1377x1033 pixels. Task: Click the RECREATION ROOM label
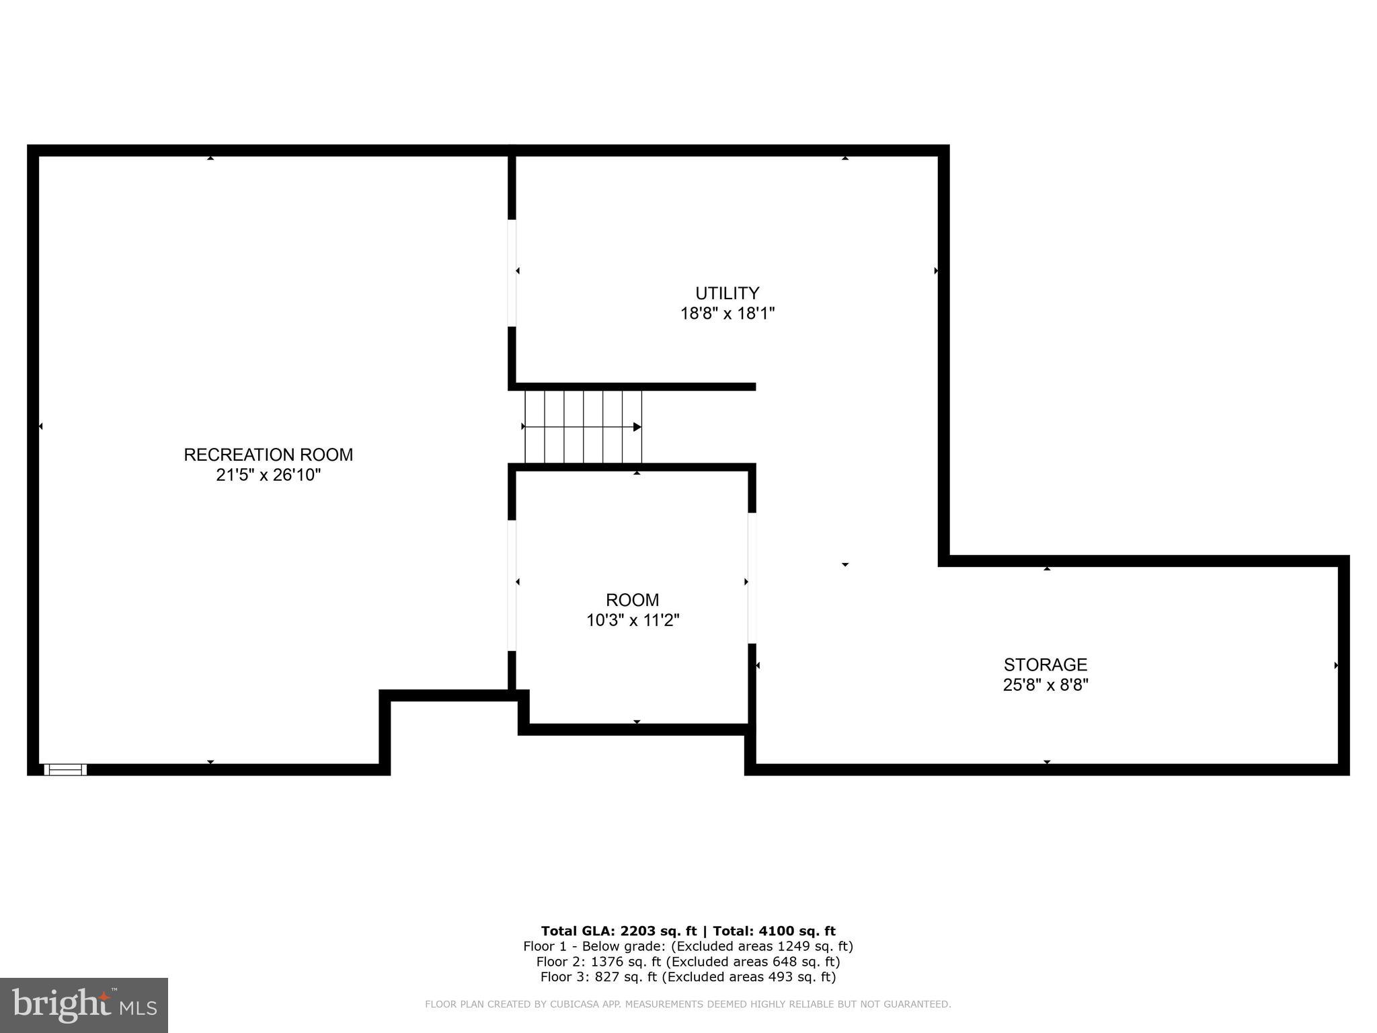268,455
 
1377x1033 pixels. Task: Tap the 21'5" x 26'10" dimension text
268,475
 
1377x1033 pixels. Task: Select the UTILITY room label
727,293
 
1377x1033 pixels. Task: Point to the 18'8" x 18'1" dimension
727,313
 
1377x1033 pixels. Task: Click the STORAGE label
1045,664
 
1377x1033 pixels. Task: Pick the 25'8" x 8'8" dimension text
1045,685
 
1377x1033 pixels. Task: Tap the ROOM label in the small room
632,600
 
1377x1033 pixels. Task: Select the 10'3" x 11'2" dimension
632,620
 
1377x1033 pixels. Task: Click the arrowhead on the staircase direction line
637,427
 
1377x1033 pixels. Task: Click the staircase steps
582,426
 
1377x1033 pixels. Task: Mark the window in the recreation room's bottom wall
65,769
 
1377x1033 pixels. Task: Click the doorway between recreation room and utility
512,273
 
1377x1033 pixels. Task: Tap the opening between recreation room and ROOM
512,585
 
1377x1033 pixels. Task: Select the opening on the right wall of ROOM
752,578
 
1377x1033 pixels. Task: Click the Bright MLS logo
84,1005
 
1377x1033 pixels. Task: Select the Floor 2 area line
688,962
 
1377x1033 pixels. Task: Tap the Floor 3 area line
688,977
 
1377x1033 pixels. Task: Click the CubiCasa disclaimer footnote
688,1004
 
